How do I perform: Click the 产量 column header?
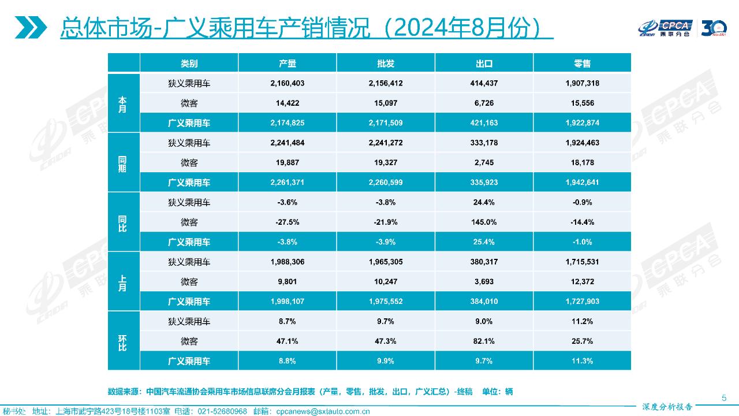tap(287, 64)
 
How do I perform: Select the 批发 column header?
tap(385, 64)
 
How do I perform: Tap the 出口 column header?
tap(483, 64)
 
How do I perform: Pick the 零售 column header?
tap(583, 64)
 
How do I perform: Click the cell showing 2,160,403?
tap(287, 83)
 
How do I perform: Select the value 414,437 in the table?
tap(483, 83)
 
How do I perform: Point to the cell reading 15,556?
tap(583, 103)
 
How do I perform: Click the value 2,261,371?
tap(287, 183)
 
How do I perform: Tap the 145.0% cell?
tap(483, 222)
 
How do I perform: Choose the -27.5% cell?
tap(287, 222)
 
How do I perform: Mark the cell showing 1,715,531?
tap(583, 262)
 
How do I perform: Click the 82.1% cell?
tap(483, 341)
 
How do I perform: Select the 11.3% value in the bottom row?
tap(583, 361)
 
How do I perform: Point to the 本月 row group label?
tap(123, 104)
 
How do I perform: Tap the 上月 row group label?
tap(123, 282)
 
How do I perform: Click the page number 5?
tap(724, 398)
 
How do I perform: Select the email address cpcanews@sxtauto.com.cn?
tap(323, 411)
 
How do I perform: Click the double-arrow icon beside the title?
tap(31, 27)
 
